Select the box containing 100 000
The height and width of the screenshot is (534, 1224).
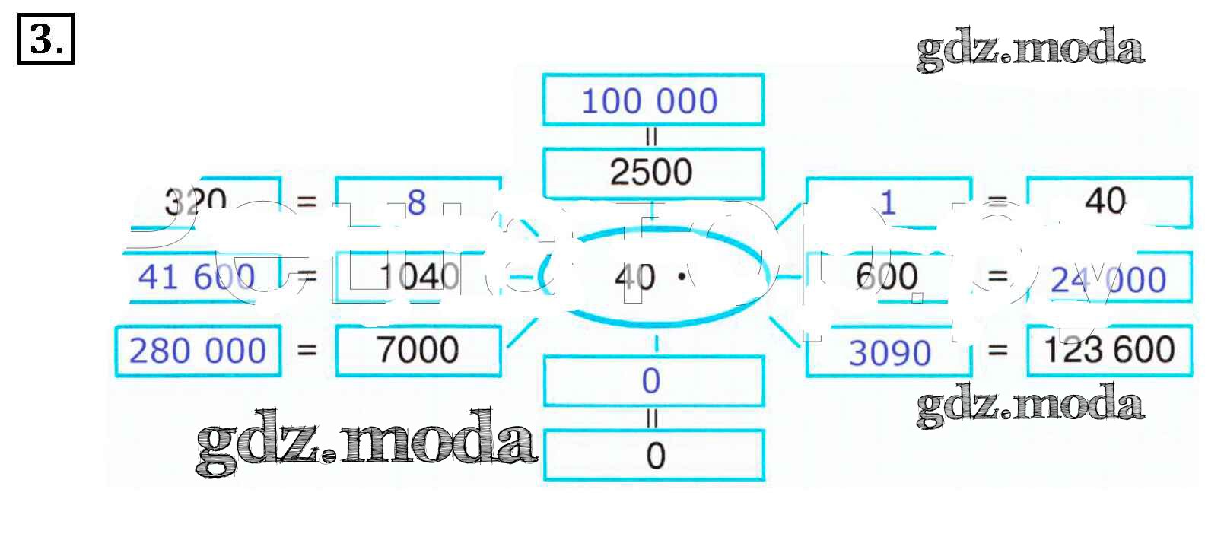(652, 100)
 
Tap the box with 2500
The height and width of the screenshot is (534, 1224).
(652, 173)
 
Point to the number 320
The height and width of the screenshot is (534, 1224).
(196, 202)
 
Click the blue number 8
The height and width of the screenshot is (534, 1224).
(416, 202)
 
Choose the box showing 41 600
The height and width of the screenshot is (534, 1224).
(198, 277)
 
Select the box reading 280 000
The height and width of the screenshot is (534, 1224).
(198, 351)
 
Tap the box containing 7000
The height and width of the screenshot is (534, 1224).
(418, 350)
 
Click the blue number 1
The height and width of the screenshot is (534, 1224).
(888, 202)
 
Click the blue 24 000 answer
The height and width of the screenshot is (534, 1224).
(1108, 280)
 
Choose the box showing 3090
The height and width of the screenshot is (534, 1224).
(889, 353)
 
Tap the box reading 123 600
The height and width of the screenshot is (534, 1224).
(1109, 350)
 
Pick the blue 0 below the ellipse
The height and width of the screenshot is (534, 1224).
(651, 380)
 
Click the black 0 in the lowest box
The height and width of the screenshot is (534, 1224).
(655, 456)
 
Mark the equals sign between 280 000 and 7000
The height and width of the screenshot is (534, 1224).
(307, 351)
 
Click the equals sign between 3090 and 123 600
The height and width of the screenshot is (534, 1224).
(997, 351)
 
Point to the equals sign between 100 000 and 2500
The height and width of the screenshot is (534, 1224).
(651, 137)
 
